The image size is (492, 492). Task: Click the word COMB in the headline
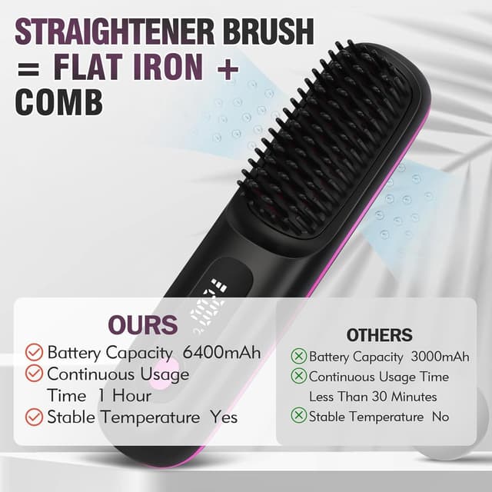(59, 101)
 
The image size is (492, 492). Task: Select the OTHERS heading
(379, 335)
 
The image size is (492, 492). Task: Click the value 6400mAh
(222, 353)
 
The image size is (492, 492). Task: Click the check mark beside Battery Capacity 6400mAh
(34, 353)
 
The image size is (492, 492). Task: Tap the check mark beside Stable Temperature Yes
(34, 417)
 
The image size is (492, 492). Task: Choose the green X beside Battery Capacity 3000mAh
(298, 357)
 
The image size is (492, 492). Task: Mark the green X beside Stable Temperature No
(298, 416)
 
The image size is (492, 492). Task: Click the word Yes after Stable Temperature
(224, 417)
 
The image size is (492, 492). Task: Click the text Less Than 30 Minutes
(373, 397)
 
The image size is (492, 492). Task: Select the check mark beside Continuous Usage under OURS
(34, 374)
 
